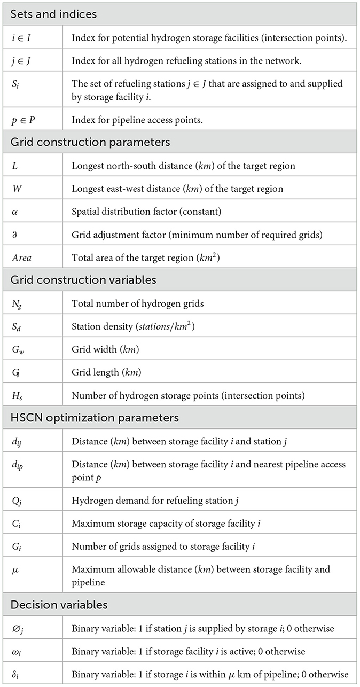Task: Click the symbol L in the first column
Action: tap(13, 166)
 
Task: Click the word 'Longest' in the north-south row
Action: tap(87, 166)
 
